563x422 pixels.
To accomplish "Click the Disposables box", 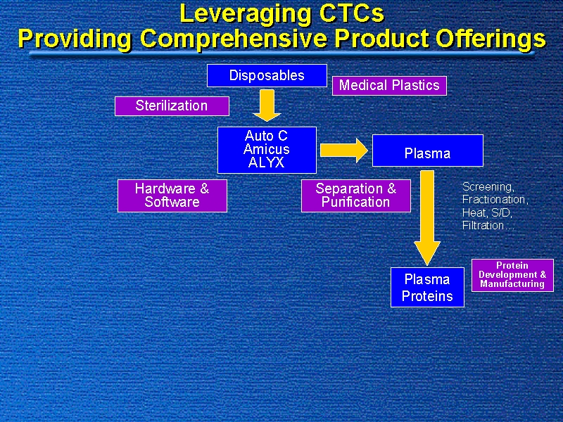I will tap(267, 75).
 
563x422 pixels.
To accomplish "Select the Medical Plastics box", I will tap(389, 85).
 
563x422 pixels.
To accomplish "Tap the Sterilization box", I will tap(172, 105).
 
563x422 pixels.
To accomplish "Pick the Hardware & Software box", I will tap(172, 195).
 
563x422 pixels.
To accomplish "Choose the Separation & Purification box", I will tap(355, 195).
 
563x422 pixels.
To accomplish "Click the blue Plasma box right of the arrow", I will tap(427, 153).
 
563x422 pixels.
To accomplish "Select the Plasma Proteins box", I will tap(427, 287).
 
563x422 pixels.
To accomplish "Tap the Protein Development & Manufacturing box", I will tap(512, 275).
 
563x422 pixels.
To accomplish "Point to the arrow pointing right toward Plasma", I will tap(343, 149).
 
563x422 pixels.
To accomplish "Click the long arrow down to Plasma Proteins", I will tap(427, 218).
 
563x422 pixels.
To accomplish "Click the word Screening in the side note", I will tap(488, 187).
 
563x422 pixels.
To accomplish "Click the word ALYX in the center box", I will tap(267, 162).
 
